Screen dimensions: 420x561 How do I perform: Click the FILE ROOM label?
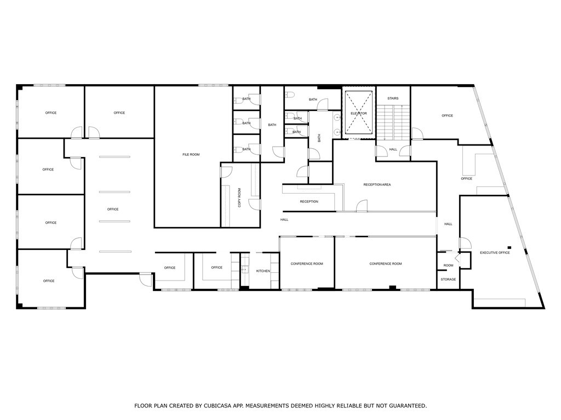coord(191,155)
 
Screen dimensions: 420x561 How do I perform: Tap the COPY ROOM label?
coord(239,197)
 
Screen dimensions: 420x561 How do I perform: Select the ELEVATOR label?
coord(359,113)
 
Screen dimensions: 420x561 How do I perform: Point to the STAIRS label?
coord(393,98)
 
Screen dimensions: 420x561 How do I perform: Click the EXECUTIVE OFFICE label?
coord(495,253)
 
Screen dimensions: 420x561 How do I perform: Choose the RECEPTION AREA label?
coord(377,185)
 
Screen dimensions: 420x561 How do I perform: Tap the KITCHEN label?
coord(264,271)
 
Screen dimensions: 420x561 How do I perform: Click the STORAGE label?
coord(448,279)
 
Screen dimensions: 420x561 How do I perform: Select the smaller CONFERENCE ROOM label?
coord(307,264)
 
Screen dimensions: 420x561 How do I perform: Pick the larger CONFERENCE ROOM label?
coord(386,264)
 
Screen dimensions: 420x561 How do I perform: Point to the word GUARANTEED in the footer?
coord(405,406)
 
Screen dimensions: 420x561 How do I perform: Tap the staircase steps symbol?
coord(393,123)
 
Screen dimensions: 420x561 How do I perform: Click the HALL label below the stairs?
coord(393,149)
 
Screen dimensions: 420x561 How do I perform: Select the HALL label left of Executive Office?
coord(448,224)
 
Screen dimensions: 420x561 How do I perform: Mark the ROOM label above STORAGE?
coord(448,265)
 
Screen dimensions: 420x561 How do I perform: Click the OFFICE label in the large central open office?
coord(113,209)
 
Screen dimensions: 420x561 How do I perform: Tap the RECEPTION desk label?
coord(309,202)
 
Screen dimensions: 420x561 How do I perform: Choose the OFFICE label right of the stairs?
coord(447,115)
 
